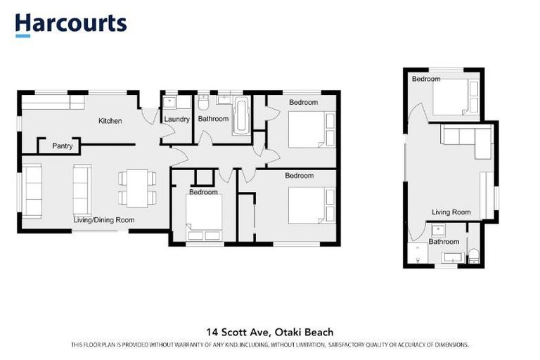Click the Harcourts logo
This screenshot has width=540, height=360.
tap(71, 24)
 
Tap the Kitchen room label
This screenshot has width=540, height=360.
tap(110, 121)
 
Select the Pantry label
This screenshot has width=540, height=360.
tap(63, 147)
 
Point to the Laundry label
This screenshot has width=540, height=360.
tap(176, 120)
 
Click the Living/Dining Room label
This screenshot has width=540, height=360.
tap(104, 219)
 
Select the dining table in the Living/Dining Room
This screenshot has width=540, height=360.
tap(133, 188)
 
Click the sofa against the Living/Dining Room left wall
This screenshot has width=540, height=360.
tap(32, 181)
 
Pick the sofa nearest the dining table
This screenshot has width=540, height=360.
tap(82, 184)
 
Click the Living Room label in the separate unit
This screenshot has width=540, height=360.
tap(451, 212)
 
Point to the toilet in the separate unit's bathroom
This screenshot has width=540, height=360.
tap(474, 255)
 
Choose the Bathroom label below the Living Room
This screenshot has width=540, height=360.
tap(444, 242)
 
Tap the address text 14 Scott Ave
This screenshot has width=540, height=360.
tap(239, 332)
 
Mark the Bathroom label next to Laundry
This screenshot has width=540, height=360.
tap(213, 120)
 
